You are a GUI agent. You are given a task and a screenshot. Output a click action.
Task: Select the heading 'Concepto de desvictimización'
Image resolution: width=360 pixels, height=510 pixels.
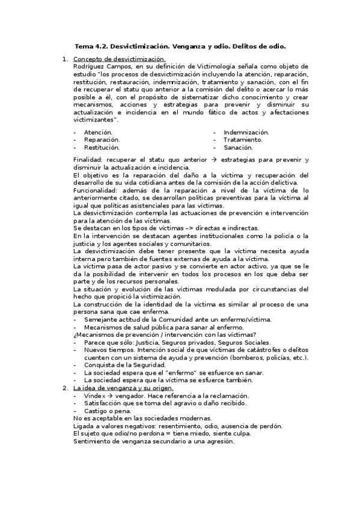[119, 59]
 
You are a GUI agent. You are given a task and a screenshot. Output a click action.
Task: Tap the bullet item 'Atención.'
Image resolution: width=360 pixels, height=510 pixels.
[98, 132]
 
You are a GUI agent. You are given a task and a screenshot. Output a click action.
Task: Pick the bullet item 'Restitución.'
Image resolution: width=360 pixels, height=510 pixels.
[102, 146]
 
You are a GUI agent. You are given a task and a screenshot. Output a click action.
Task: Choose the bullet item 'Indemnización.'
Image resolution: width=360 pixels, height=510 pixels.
[246, 132]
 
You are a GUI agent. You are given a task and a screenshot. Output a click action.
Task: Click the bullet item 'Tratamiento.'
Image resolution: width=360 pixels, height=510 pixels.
[243, 139]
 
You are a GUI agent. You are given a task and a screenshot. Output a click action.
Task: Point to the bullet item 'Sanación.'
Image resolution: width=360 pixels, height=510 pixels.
[238, 146]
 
